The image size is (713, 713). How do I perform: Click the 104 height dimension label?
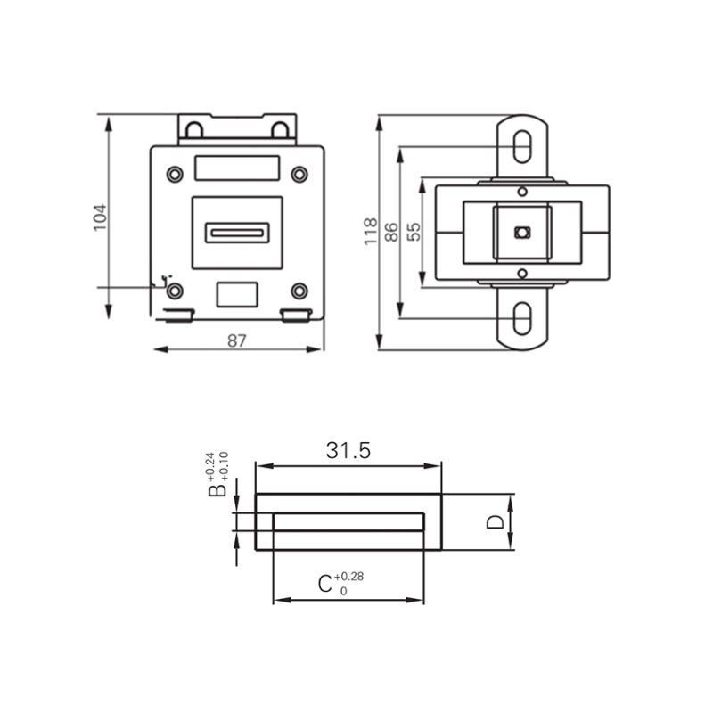click(100, 217)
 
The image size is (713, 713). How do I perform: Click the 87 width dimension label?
click(237, 340)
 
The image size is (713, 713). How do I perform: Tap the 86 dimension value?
click(390, 231)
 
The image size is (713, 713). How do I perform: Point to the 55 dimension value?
click(413, 232)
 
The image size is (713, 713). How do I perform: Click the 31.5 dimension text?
click(348, 451)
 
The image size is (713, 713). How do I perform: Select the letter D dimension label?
click(496, 522)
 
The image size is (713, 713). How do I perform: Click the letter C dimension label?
click(326, 585)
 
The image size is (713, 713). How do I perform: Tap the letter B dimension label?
click(216, 491)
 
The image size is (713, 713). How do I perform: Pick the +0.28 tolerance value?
click(349, 577)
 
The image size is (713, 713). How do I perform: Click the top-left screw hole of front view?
click(175, 173)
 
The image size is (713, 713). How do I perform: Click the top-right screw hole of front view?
click(299, 173)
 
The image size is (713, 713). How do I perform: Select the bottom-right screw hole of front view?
click(299, 291)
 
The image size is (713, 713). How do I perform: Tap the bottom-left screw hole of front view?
click(176, 291)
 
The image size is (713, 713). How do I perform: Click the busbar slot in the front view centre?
click(237, 233)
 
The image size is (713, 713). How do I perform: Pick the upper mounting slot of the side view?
click(523, 146)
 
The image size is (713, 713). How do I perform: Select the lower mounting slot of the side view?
click(523, 316)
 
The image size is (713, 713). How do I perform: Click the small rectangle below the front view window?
click(237, 294)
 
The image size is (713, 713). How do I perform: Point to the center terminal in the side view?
click(522, 232)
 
